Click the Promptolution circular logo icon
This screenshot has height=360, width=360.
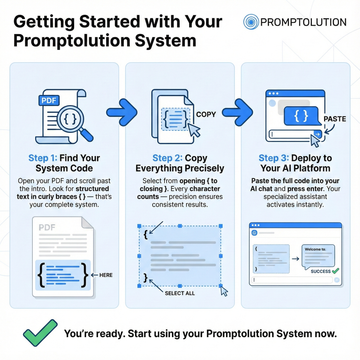coord(254,22)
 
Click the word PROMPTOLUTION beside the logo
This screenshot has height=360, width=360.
coord(303,22)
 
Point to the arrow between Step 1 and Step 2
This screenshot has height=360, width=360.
coord(118,105)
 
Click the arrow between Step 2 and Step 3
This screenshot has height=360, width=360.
coord(237,105)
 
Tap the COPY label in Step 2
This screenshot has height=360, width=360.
coord(205,114)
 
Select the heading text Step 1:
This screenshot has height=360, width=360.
coord(39,158)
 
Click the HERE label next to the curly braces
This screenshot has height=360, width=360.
coord(106,274)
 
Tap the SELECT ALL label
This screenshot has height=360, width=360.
coord(179,294)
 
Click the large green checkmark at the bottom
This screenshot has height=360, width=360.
coord(37,331)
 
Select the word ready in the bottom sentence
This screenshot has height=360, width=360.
coord(113,332)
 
